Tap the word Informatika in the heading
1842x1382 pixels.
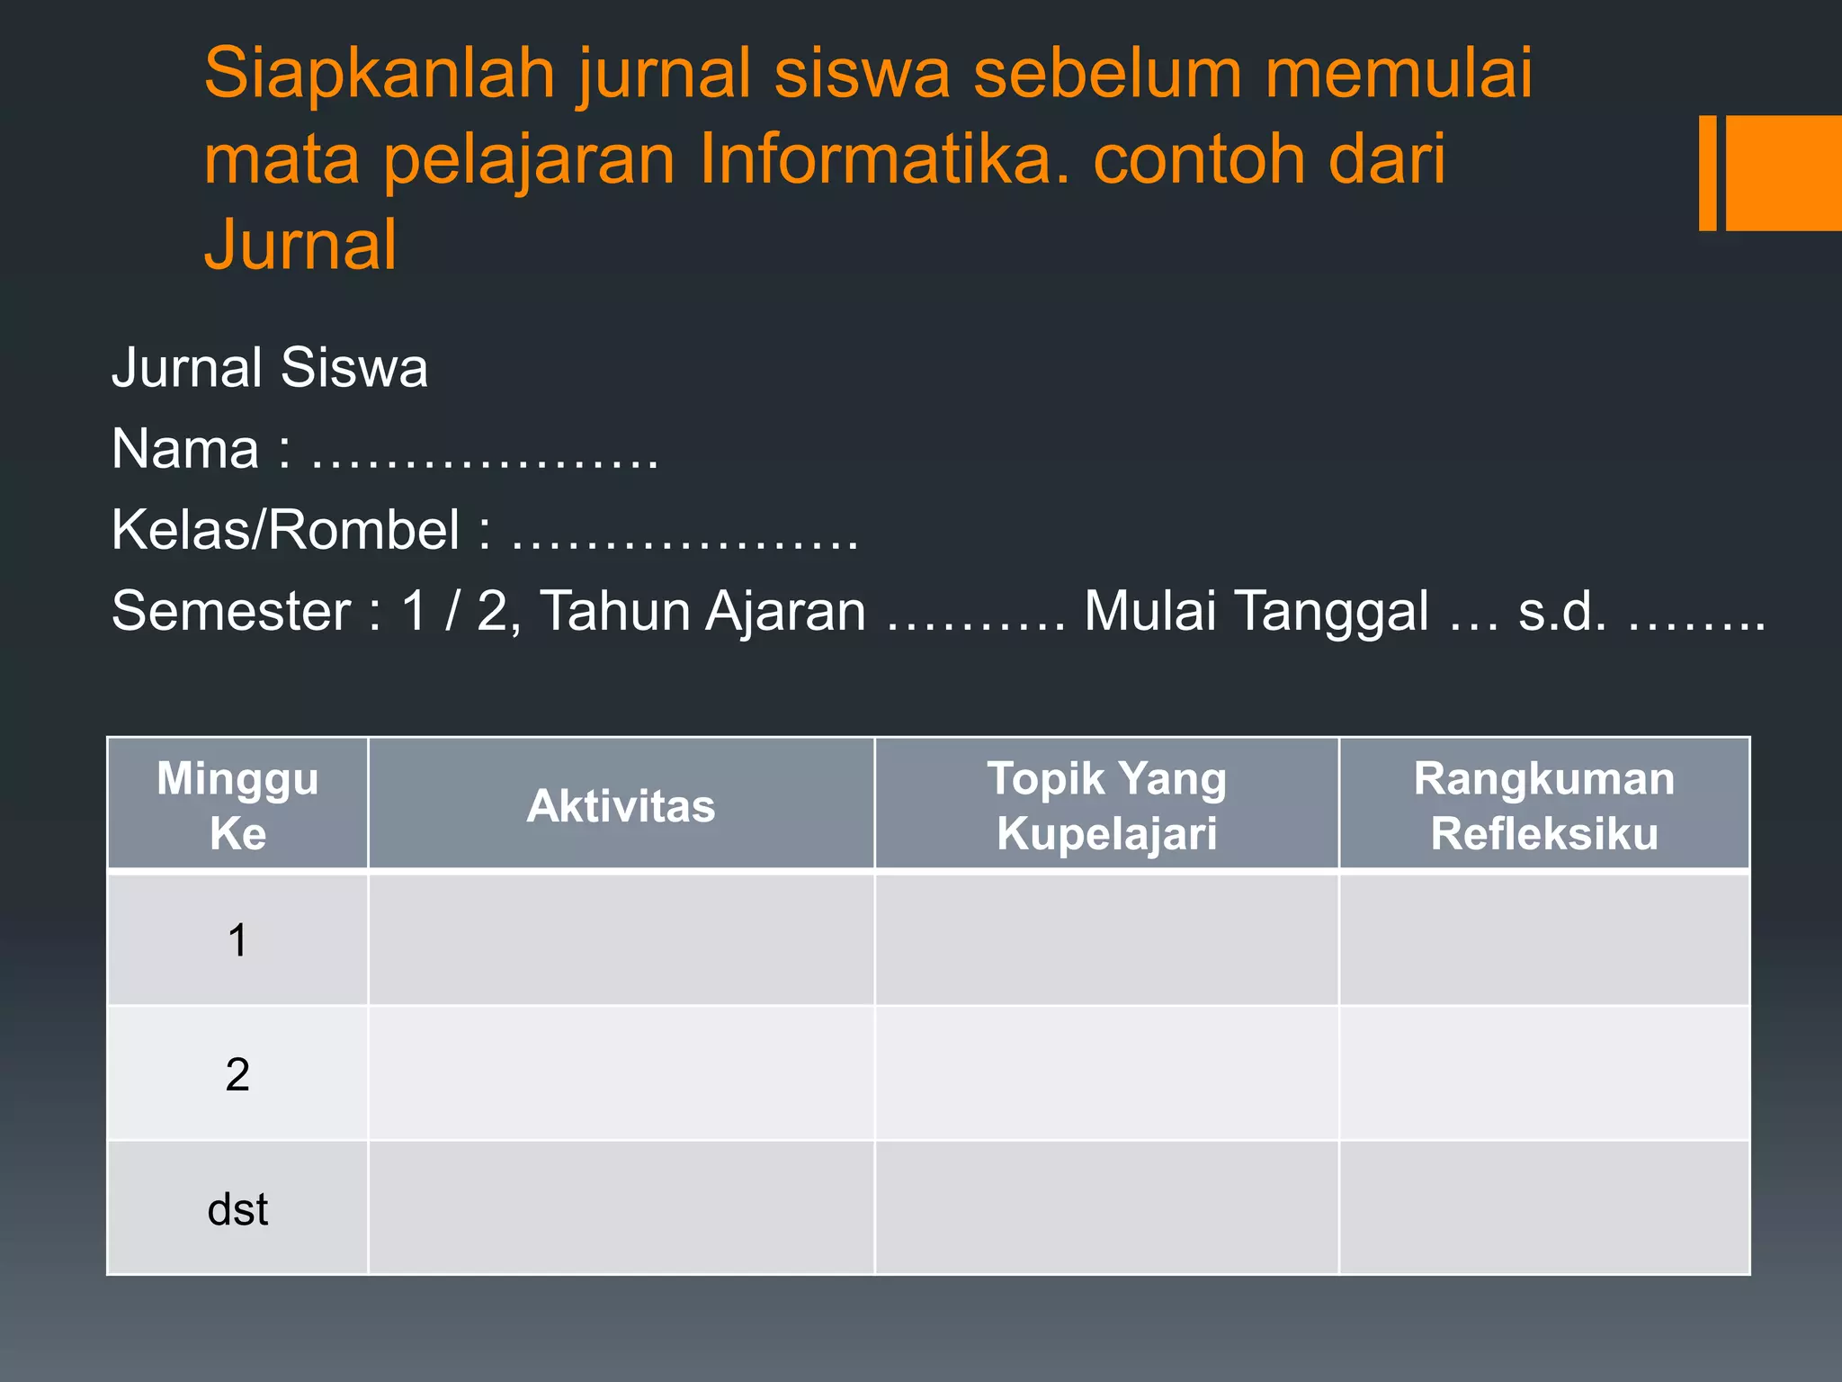[884, 159]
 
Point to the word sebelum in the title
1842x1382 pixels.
[1107, 74]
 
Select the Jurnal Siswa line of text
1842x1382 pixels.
[270, 368]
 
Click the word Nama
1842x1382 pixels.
[185, 449]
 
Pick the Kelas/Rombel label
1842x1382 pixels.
[285, 530]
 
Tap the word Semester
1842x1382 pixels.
[231, 611]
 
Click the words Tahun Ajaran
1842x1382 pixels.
[703, 611]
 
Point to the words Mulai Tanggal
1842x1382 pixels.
[1256, 611]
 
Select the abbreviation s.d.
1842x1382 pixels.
[1562, 611]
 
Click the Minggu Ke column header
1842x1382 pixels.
[237, 805]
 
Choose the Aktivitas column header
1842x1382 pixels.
[621, 805]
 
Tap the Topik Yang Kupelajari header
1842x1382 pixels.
[1106, 805]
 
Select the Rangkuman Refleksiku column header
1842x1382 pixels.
[1543, 805]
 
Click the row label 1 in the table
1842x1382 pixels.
[237, 940]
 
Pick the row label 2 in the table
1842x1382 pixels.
[237, 1074]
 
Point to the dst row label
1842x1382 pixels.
[237, 1209]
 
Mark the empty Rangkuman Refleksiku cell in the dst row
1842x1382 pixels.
[1543, 1209]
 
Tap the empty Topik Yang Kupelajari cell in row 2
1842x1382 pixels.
[1106, 1074]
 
